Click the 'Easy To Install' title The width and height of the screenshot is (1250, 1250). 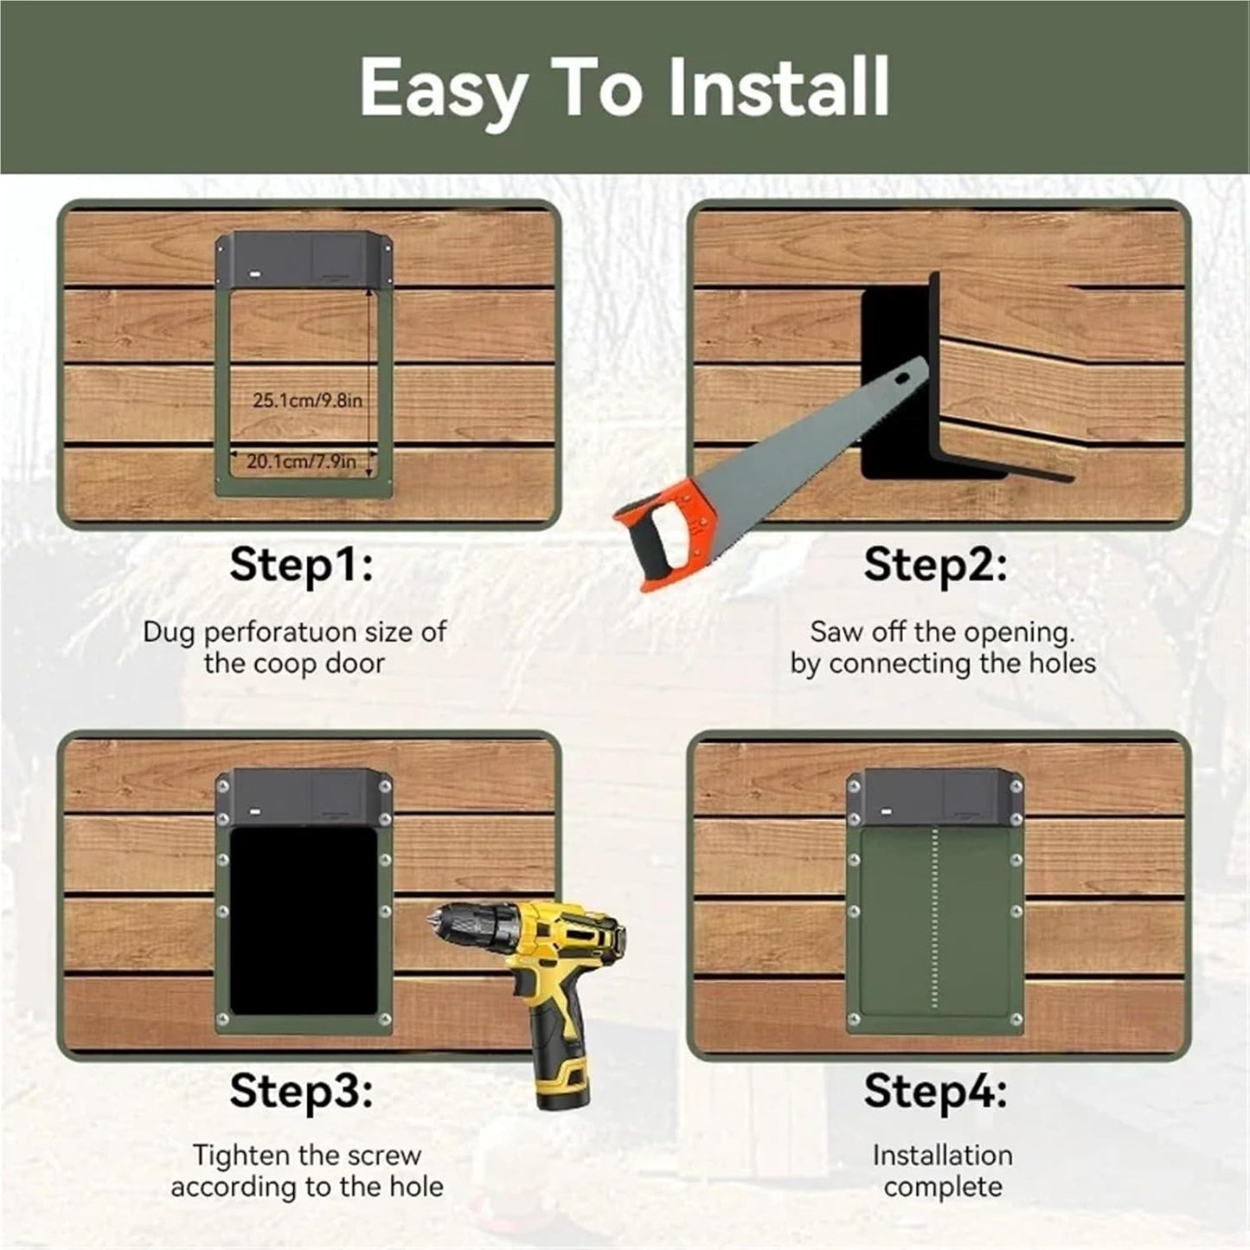pos(624,87)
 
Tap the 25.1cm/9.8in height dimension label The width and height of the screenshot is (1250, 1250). pos(307,401)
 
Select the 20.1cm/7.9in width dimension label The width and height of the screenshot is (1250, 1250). pos(301,462)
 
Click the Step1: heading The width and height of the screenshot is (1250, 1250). pos(301,566)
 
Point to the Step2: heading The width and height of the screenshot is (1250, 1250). pos(935,566)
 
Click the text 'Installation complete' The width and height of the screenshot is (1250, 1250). pos(942,1170)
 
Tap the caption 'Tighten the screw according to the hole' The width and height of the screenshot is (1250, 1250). pos(306,1170)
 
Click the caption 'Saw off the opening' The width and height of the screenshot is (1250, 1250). pos(942,632)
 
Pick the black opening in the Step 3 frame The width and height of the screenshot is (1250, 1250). pos(303,921)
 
